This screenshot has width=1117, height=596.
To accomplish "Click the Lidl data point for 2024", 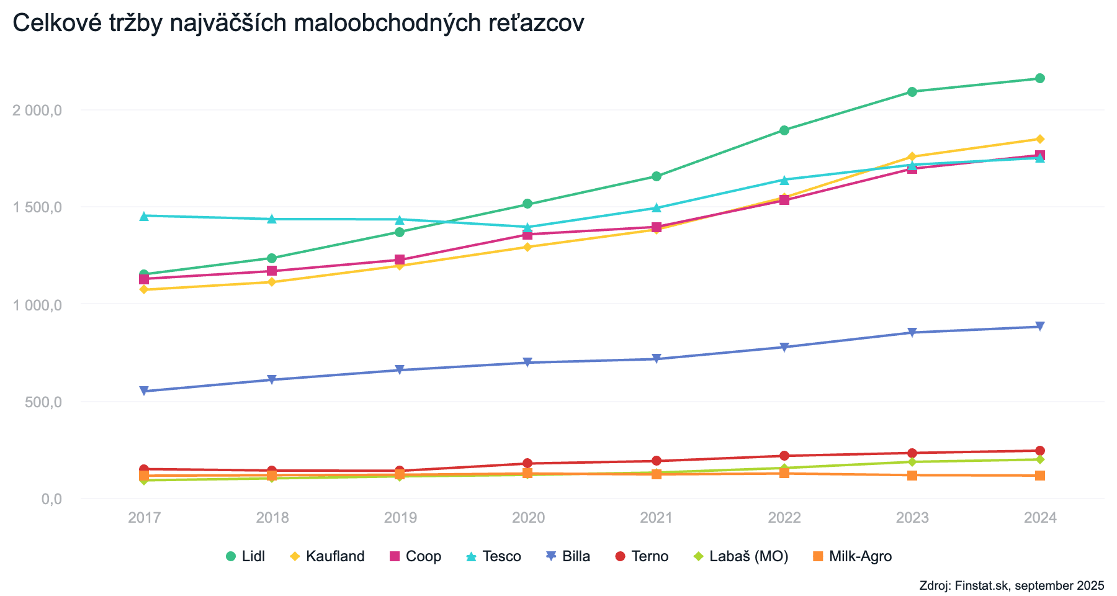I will pyautogui.click(x=1040, y=78).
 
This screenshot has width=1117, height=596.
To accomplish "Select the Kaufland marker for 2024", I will pyautogui.click(x=1040, y=139).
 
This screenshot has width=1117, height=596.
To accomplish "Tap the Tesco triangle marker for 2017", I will pyautogui.click(x=144, y=216).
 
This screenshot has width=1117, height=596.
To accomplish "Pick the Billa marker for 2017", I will pyautogui.click(x=144, y=391).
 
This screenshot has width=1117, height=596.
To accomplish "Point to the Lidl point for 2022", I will pyautogui.click(x=784, y=130).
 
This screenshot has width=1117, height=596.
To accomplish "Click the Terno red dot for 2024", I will pyautogui.click(x=1040, y=451).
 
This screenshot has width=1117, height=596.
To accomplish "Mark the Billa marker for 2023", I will pyautogui.click(x=912, y=333).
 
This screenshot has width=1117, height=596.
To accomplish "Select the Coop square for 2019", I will pyautogui.click(x=400, y=260).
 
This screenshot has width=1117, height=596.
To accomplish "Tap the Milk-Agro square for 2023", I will pyautogui.click(x=912, y=476).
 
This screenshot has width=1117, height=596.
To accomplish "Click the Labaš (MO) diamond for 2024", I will pyautogui.click(x=1040, y=459).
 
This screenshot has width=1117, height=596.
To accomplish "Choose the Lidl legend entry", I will pyautogui.click(x=246, y=556).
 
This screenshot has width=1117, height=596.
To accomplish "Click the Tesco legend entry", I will pyautogui.click(x=494, y=556).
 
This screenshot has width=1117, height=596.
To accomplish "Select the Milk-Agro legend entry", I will pyautogui.click(x=853, y=556).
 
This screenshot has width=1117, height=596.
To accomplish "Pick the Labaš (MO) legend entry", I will pyautogui.click(x=741, y=556).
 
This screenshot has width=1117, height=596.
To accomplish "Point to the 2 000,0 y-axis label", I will pyautogui.click(x=37, y=111).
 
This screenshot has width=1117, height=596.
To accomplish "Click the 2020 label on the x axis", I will pyautogui.click(x=528, y=518).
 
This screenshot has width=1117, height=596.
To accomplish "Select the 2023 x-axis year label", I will pyautogui.click(x=912, y=518).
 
